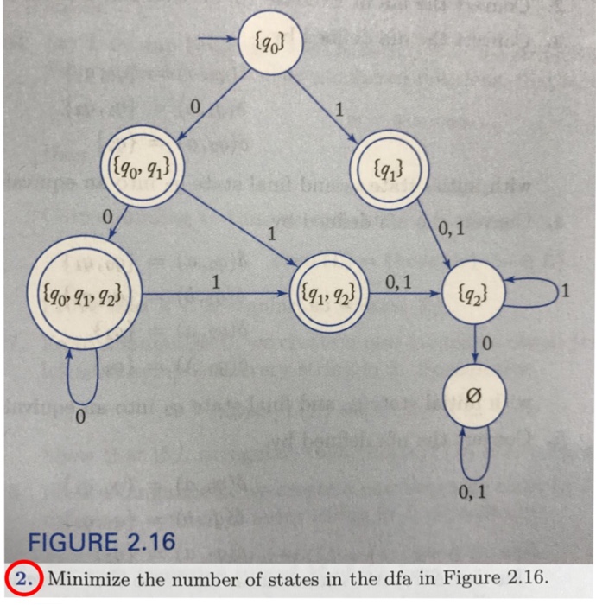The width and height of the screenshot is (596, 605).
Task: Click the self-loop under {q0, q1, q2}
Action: pos(84,372)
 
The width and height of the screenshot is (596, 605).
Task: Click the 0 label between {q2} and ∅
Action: pos(487,346)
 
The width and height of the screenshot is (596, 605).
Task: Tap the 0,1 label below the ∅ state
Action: pos(473,493)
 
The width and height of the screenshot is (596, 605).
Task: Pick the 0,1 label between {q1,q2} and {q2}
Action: pos(400,280)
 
